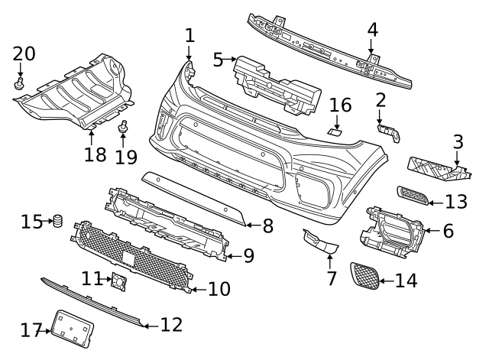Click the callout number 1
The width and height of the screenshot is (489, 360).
click(x=189, y=35)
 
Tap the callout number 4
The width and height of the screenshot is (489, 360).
click(x=372, y=30)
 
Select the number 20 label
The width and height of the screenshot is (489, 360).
click(x=24, y=54)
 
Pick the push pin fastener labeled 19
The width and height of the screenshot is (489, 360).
click(x=121, y=128)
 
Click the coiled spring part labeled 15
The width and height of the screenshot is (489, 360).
click(x=56, y=222)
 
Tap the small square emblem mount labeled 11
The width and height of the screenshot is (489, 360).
click(x=119, y=281)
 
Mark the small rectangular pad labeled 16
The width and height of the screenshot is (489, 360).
click(x=335, y=131)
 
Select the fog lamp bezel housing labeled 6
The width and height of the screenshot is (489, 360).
click(x=393, y=230)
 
